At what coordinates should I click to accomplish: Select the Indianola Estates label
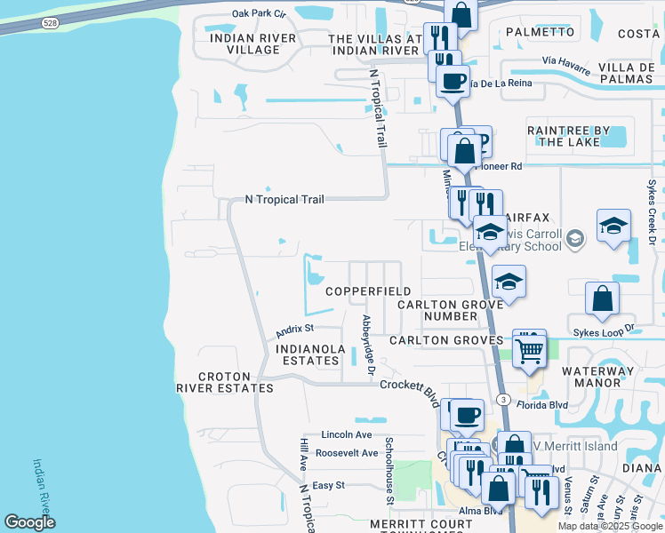tap(308, 354)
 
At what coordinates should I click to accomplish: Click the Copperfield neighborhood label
tap(368, 291)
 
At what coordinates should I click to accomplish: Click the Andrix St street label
tap(291, 330)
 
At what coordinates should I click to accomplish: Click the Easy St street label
tap(328, 485)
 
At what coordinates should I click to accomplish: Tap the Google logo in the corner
tap(29, 522)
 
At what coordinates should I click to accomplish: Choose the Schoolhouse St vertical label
tap(389, 463)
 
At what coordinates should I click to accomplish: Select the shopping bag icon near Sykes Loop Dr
tap(602, 300)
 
